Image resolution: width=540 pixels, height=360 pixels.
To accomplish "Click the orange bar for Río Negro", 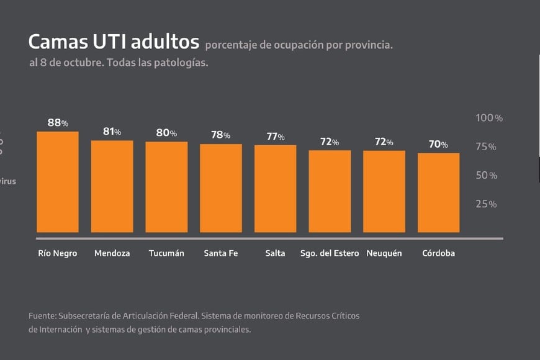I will click(x=58, y=182).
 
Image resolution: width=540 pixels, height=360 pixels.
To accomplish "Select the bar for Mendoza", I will click(x=112, y=186).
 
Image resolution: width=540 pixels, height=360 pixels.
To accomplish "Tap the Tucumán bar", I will click(x=166, y=187).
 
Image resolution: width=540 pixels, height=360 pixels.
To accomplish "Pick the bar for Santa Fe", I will click(x=220, y=188).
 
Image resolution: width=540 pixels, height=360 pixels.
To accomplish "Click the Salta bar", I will click(x=275, y=189).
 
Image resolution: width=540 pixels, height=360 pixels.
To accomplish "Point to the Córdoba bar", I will click(x=438, y=192).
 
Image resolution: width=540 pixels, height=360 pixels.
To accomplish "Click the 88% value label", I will click(x=58, y=123).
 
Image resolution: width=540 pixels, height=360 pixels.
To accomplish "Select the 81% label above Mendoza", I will click(x=112, y=132).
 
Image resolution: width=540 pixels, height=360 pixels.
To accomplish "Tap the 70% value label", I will click(x=438, y=145).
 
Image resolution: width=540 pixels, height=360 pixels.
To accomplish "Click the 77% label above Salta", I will click(x=276, y=137).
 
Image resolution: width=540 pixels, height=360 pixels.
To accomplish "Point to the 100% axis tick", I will click(x=488, y=118).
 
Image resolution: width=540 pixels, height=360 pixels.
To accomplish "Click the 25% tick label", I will click(x=486, y=204).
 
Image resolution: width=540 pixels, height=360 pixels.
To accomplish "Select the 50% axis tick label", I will click(x=486, y=176).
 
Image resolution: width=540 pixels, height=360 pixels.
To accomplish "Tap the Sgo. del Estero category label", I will click(x=330, y=253).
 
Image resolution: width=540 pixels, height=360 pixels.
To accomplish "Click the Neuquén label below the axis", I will click(x=384, y=253).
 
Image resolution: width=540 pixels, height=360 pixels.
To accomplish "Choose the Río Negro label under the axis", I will click(x=58, y=253).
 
